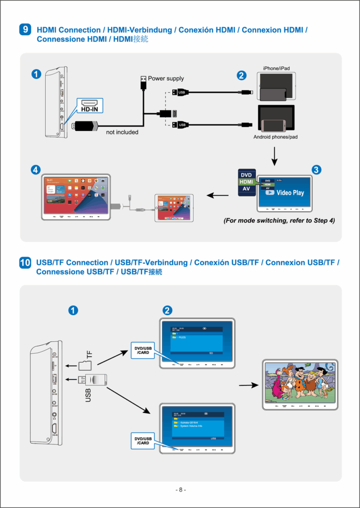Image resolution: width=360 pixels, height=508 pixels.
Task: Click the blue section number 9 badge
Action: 26,30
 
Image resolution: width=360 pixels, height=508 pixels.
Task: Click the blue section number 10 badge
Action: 25,263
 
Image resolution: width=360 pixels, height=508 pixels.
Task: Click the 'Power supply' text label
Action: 166,78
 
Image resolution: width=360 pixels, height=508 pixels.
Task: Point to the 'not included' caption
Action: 122,132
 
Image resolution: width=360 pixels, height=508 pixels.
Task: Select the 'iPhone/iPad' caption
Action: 277,68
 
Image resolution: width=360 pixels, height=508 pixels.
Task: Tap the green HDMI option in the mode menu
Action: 246,182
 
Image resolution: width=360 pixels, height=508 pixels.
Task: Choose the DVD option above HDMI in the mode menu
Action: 246,175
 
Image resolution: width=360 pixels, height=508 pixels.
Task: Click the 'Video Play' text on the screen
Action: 290,192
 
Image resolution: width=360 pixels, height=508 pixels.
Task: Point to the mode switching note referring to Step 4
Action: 279,220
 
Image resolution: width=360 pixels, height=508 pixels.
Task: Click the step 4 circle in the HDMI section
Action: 35,169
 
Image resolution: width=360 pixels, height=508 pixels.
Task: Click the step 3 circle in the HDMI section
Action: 316,169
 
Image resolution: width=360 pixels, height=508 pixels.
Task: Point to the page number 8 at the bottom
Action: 181,490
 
